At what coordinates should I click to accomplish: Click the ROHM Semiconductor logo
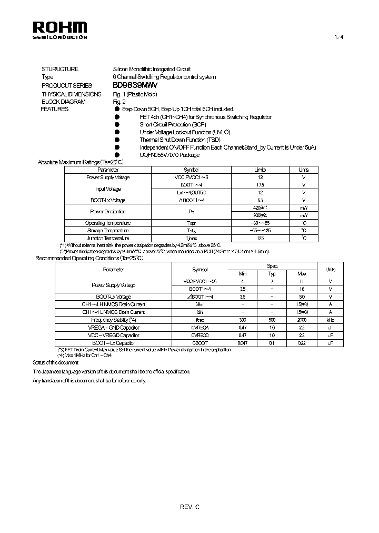click(x=59, y=29)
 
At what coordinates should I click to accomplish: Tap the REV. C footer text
click(x=189, y=507)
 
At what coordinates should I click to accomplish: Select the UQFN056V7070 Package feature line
click(x=169, y=155)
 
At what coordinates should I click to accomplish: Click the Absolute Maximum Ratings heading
click(x=81, y=162)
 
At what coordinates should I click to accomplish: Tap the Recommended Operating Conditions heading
click(x=89, y=258)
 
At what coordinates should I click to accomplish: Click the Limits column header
click(x=260, y=170)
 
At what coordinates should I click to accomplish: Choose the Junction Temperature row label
click(x=108, y=238)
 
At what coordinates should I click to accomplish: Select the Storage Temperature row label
click(x=108, y=231)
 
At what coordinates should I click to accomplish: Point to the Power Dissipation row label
click(x=108, y=212)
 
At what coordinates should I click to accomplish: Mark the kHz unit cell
click(x=330, y=320)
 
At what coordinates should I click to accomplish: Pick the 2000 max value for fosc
click(x=302, y=320)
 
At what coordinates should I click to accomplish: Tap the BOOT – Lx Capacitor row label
click(x=114, y=343)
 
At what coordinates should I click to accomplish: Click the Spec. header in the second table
click(x=272, y=266)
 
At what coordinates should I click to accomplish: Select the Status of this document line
click(x=55, y=363)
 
